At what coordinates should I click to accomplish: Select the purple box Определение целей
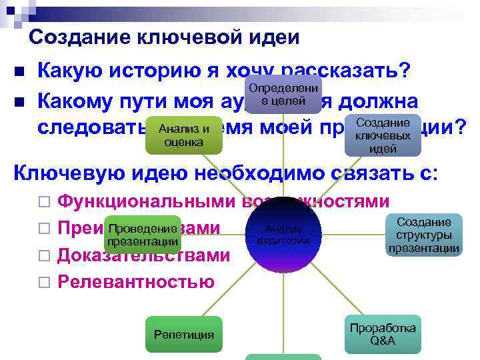[x=283, y=95]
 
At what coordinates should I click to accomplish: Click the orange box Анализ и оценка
[x=184, y=135]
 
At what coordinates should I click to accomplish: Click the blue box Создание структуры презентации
[x=423, y=235]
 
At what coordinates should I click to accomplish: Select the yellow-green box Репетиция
[x=183, y=334]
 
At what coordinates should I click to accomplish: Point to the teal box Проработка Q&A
[x=383, y=333]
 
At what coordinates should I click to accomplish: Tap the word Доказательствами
[x=144, y=255]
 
